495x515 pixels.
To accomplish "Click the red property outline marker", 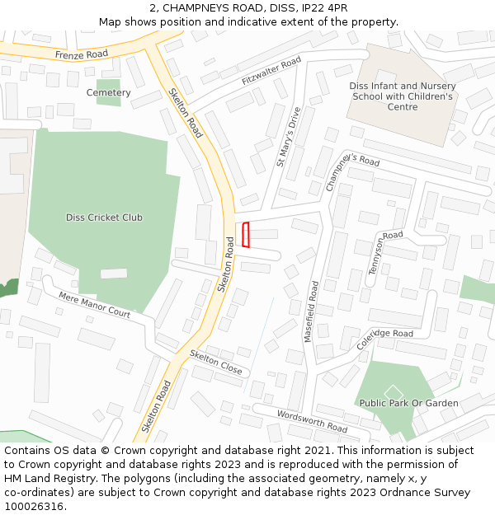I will [245, 235].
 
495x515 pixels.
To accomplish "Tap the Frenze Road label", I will [82, 54].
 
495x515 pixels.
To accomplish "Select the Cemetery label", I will [109, 93].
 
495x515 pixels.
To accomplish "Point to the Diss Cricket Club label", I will [104, 218].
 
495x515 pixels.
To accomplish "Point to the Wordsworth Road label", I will [312, 421].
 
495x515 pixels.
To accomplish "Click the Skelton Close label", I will [216, 363].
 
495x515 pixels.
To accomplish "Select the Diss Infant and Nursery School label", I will [403, 96].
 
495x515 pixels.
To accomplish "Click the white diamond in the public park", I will [393, 391].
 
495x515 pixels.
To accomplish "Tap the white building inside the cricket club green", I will [114, 273].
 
